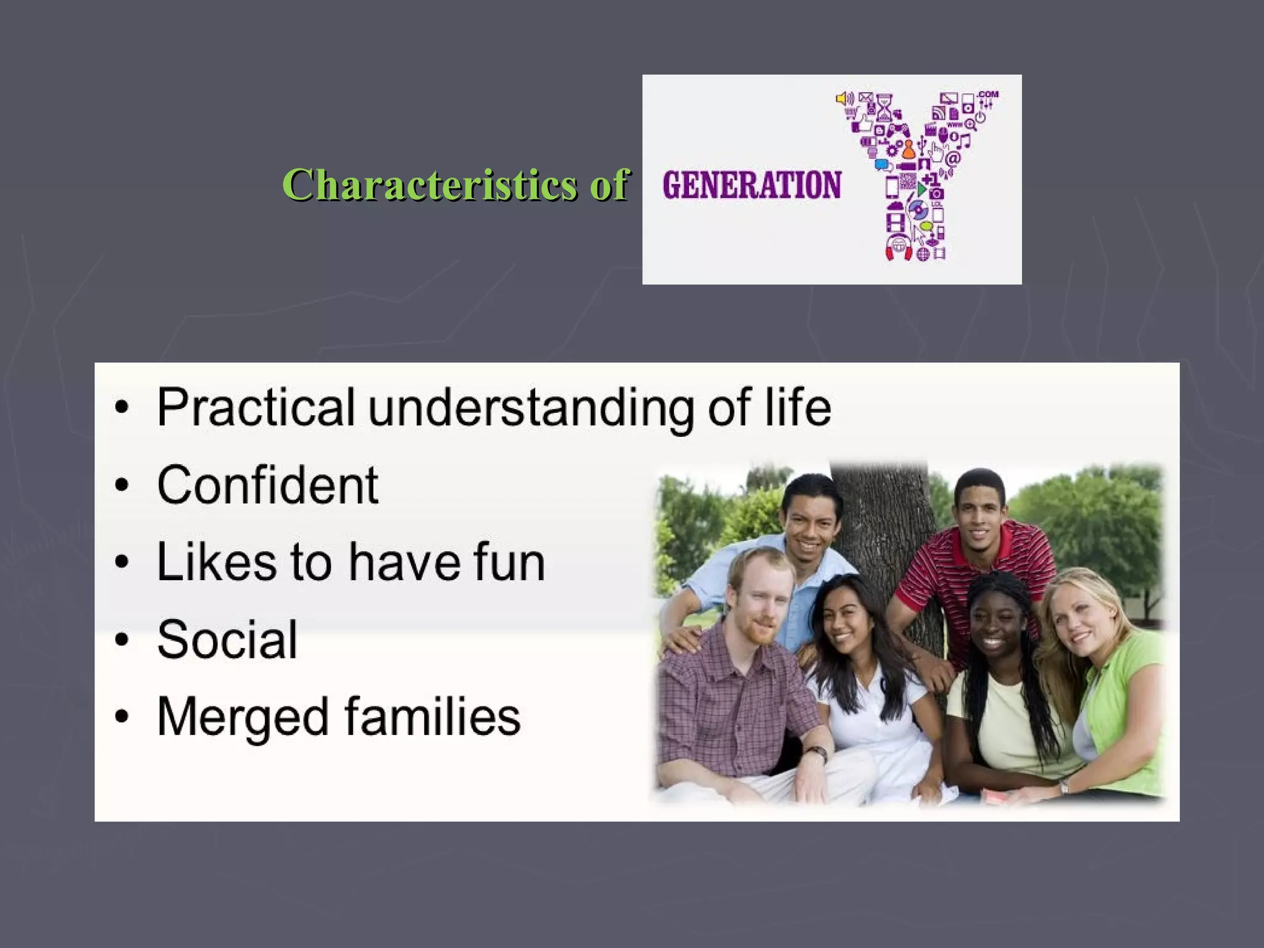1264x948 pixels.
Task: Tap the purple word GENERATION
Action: click(751, 185)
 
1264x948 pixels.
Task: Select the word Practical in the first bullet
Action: click(256, 407)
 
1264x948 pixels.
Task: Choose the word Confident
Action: click(267, 485)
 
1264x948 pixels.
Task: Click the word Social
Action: click(227, 639)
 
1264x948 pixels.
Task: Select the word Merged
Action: click(243, 717)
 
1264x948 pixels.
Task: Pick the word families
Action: click(432, 716)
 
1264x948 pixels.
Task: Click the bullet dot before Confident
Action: click(122, 486)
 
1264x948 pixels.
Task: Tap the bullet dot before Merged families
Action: click(122, 717)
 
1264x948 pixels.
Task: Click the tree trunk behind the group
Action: click(889, 518)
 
